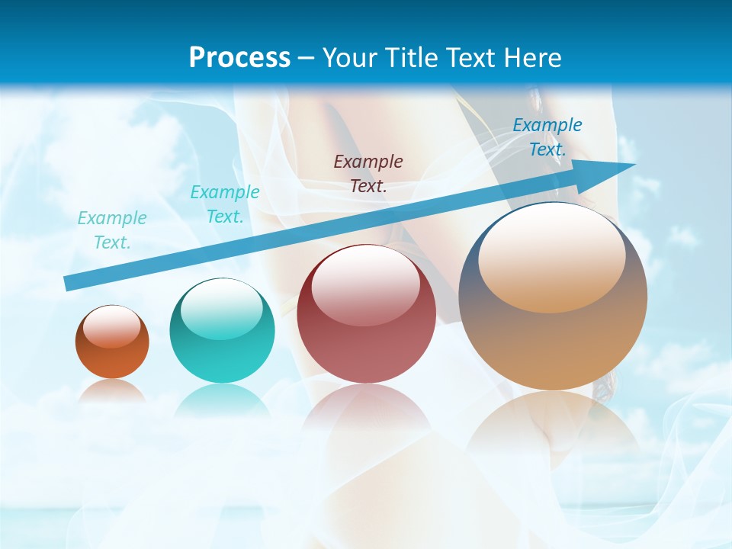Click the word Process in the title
[x=239, y=58]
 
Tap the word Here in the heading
[x=529, y=58]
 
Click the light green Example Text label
[x=112, y=230]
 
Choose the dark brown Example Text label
[x=368, y=173]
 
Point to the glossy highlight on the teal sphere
[x=222, y=310]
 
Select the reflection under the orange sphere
[x=112, y=391]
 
